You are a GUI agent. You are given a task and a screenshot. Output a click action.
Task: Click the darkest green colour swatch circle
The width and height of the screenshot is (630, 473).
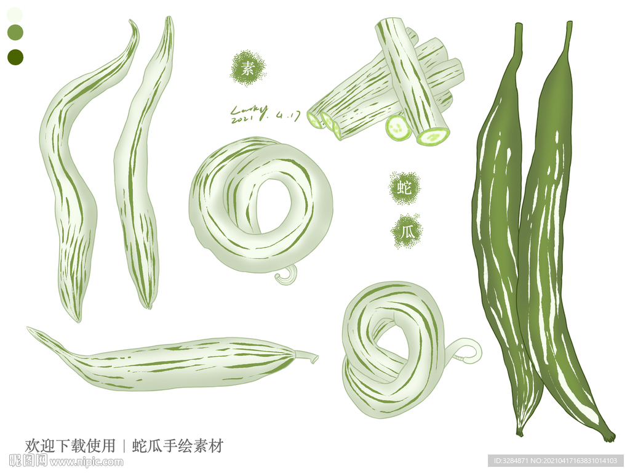coord(15,57)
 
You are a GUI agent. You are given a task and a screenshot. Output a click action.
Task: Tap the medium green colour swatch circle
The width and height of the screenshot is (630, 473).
coord(15,32)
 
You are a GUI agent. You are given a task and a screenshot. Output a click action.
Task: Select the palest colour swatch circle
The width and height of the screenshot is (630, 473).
coord(15,14)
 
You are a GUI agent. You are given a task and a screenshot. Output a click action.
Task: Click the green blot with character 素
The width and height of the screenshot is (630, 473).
coord(247,68)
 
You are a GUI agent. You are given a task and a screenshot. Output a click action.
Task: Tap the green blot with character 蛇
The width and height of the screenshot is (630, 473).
coord(404,188)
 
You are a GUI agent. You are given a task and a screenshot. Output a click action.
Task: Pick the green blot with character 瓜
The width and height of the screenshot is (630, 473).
coord(405,232)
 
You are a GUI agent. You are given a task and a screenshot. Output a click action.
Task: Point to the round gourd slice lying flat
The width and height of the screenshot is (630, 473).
coord(398,128)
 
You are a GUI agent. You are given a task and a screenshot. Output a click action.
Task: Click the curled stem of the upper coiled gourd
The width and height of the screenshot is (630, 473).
coord(287,275)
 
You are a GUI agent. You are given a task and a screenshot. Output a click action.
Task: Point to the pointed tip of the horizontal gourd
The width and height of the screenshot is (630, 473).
coord(32,331)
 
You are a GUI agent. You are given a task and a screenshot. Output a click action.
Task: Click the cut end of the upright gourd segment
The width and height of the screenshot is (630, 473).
coord(433,136)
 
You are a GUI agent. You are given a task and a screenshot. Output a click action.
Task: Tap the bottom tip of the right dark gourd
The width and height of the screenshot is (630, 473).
coord(608,437)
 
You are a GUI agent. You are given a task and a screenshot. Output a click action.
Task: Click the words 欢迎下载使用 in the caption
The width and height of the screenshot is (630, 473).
coord(70,445)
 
